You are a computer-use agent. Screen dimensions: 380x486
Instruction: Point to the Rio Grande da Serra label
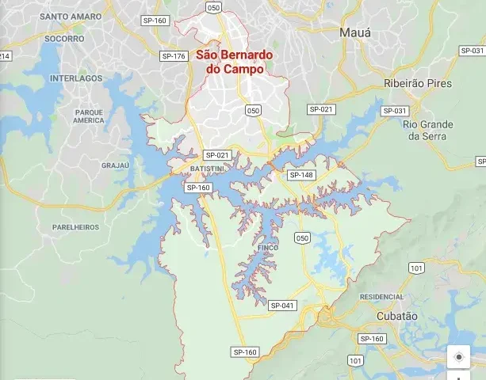[x=428, y=130]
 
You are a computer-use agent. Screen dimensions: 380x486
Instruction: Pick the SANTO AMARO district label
[x=71, y=16]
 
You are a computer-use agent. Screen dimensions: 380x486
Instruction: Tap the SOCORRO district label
[x=64, y=38]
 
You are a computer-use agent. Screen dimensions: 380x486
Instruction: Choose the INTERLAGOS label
[x=76, y=78]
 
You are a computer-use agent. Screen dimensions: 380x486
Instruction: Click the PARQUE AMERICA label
[x=89, y=116]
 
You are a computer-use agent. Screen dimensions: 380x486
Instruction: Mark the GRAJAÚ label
[x=115, y=165]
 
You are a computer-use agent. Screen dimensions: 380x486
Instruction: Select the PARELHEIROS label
[x=76, y=226]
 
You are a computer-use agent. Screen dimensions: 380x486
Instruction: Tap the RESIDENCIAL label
[x=381, y=296]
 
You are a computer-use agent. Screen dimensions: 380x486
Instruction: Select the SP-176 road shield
[x=173, y=56]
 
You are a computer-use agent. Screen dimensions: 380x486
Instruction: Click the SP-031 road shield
[x=395, y=110]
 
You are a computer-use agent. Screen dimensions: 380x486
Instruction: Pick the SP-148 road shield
[x=301, y=175]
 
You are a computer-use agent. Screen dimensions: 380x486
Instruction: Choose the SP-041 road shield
[x=281, y=306]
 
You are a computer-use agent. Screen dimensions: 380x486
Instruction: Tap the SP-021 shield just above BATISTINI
[x=216, y=155]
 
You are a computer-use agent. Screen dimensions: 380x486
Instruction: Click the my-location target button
[x=458, y=357]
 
